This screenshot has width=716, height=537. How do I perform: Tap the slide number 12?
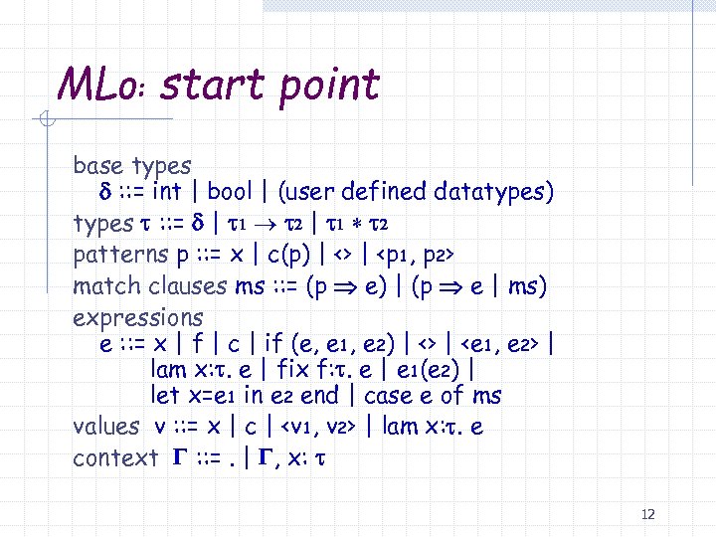point(648,514)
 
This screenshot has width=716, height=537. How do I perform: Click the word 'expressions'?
point(138,318)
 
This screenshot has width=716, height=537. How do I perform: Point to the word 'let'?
point(163,396)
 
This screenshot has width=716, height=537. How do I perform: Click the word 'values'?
point(105,427)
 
